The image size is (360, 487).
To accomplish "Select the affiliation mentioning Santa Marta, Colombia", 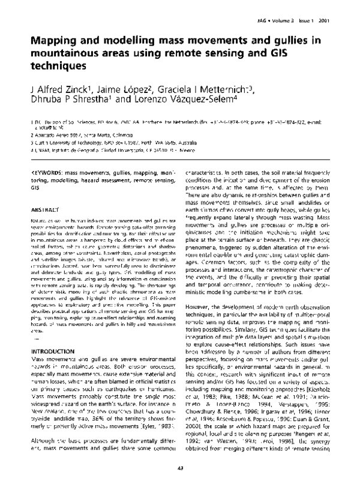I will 75,136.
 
